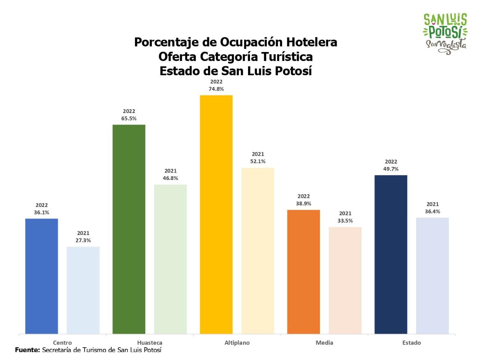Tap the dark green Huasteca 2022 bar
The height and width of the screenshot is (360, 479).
129,229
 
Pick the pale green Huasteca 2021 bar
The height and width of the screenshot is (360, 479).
170,259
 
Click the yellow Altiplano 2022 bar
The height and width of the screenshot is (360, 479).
216,214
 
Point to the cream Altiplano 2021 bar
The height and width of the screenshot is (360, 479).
258,250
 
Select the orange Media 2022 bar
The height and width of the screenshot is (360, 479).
303,272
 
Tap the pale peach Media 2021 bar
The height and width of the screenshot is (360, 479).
345,280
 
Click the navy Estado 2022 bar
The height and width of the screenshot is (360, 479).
391,254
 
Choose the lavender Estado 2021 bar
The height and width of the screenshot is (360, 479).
432,275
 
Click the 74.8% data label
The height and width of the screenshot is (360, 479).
216,89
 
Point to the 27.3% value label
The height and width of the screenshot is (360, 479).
83,240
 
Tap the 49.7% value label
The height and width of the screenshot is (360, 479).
391,169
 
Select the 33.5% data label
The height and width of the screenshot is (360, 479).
345,221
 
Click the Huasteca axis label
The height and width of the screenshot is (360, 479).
150,342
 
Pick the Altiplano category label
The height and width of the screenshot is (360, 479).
237,342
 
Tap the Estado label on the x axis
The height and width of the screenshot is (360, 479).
412,342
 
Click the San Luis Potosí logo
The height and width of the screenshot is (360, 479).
445,34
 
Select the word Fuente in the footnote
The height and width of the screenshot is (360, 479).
27,350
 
